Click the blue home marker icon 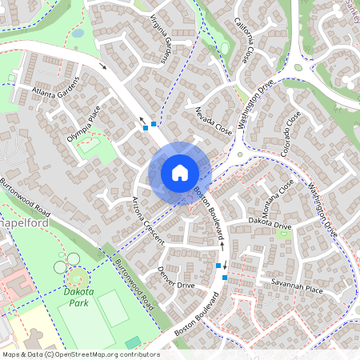180,173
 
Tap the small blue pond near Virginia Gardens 77,34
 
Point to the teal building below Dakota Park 133,343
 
